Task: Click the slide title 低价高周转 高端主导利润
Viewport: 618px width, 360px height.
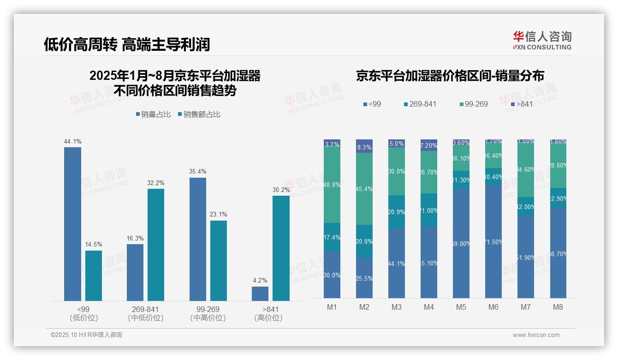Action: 127,44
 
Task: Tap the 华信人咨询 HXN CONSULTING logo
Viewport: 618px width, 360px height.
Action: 542,41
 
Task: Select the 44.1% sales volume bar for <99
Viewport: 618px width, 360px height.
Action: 72,224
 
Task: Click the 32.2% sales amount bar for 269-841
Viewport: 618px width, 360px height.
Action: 156,245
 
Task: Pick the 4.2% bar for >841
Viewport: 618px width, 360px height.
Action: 260,294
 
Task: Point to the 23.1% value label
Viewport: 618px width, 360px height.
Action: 219,215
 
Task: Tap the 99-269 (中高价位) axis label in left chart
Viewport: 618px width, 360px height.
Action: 208,313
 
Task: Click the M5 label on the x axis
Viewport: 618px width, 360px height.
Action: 461,307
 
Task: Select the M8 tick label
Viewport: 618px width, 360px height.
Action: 558,307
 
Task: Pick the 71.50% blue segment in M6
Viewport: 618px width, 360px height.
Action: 493,241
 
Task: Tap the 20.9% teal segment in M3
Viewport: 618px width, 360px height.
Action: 397,212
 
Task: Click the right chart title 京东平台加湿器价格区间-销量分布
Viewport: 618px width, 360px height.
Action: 450,76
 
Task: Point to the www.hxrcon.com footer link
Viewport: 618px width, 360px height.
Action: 536,335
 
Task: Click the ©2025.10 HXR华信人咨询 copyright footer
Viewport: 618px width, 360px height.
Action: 87,335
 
